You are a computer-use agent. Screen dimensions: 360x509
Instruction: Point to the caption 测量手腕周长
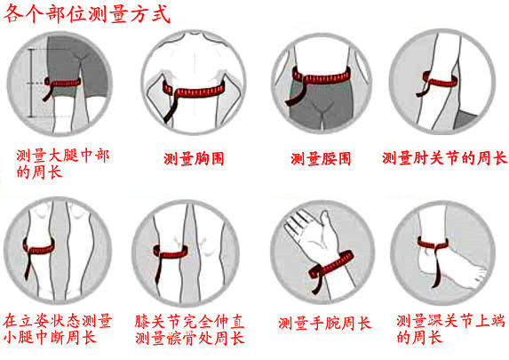[324, 323]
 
